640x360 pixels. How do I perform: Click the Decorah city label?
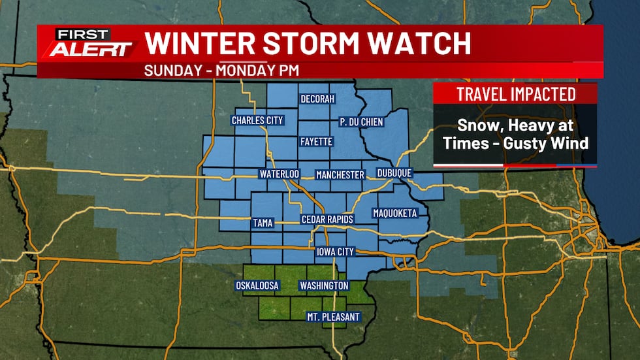(317, 99)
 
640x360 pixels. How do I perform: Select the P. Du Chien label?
(361, 122)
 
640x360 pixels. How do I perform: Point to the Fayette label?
(317, 141)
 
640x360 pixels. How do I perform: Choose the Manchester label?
(340, 174)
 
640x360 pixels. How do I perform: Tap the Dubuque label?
(394, 174)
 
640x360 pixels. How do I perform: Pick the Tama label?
(262, 223)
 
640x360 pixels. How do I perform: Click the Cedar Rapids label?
(327, 220)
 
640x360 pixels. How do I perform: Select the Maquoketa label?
(394, 213)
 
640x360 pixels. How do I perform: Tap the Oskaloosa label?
(257, 286)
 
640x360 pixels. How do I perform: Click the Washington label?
(323, 286)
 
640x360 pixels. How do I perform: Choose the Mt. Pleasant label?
(333, 317)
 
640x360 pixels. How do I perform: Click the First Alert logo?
(88, 44)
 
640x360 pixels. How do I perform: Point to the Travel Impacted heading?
(515, 93)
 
